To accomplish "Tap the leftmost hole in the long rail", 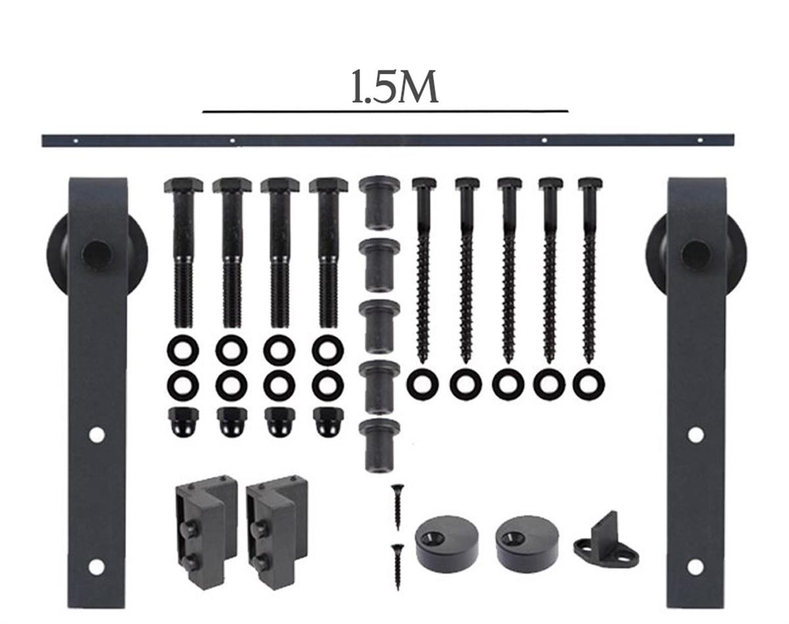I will click(x=76, y=140).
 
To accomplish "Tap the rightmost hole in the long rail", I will click(x=700, y=139).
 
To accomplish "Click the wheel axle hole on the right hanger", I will click(x=694, y=252).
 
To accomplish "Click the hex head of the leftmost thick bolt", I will click(x=183, y=185).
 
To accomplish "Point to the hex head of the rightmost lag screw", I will click(x=589, y=183).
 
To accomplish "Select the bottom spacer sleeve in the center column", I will click(x=379, y=444).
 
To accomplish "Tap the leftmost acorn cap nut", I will click(x=183, y=422).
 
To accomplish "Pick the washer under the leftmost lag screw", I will click(x=422, y=384).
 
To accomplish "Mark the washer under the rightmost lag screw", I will click(x=588, y=384).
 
